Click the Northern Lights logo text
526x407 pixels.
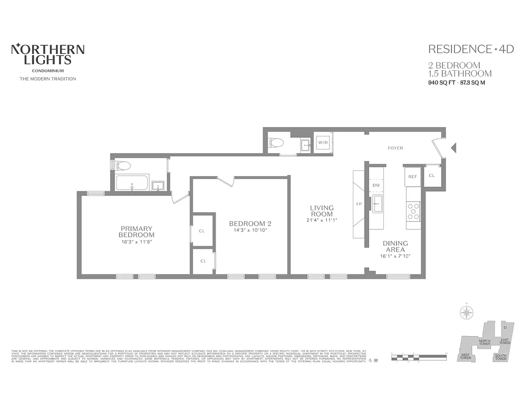[x=48, y=55]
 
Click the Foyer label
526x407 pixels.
[x=395, y=148]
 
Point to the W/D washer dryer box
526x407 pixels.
[x=323, y=143]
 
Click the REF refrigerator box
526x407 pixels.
[x=413, y=177]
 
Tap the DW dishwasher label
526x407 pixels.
[x=376, y=185]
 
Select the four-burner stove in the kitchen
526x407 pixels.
[x=413, y=211]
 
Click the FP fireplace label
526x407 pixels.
[x=359, y=203]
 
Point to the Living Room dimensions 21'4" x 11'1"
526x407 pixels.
[x=322, y=220]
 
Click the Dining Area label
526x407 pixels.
[x=394, y=247]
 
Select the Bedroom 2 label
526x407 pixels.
[x=250, y=223]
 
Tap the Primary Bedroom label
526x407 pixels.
[x=137, y=231]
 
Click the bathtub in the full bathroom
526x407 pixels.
[x=132, y=183]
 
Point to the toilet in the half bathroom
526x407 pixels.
[x=276, y=143]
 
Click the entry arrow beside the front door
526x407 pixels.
[x=454, y=148]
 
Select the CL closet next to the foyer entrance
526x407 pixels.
[x=432, y=176]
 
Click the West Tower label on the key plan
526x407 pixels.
[x=465, y=357]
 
